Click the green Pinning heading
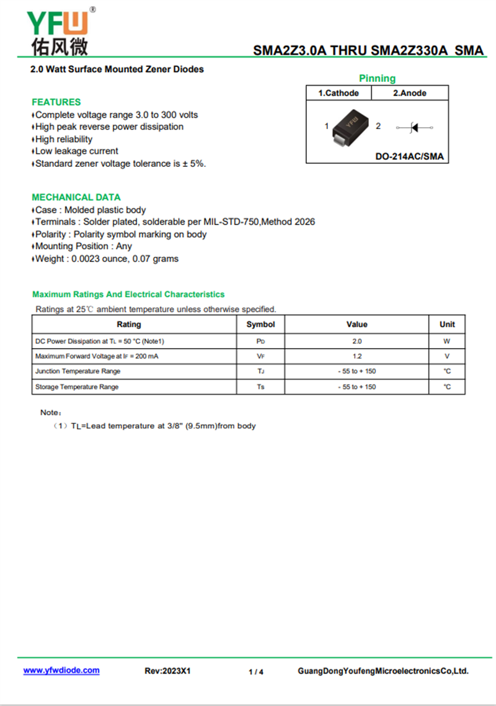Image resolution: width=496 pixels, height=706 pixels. pyautogui.click(x=377, y=78)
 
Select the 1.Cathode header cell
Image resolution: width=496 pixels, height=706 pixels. pyautogui.click(x=339, y=93)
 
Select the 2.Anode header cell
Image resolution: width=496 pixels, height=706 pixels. pyautogui.click(x=410, y=93)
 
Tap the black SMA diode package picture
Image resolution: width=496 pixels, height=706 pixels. pyautogui.click(x=351, y=126)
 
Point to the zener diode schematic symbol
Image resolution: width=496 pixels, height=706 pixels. pyautogui.click(x=414, y=127)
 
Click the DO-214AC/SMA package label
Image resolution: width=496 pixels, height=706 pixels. pyautogui.click(x=410, y=156)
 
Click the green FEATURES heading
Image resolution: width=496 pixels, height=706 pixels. pyautogui.click(x=56, y=102)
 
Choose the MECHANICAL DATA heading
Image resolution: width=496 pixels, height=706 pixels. pyautogui.click(x=76, y=197)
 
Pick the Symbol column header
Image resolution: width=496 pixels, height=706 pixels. pyautogui.click(x=260, y=324)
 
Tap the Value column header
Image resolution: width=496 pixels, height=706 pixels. pyautogui.click(x=356, y=324)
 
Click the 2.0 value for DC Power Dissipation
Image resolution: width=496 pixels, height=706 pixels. pyautogui.click(x=356, y=341)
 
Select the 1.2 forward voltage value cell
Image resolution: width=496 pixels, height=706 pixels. pyautogui.click(x=356, y=356)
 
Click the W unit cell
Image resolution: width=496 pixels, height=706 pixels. pyautogui.click(x=446, y=341)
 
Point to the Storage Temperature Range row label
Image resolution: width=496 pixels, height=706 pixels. pyautogui.click(x=77, y=387)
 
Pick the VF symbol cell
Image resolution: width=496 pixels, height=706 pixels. pyautogui.click(x=260, y=356)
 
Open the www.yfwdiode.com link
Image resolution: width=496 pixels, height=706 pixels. pyautogui.click(x=61, y=671)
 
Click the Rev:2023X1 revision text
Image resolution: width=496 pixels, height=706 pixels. pyautogui.click(x=167, y=671)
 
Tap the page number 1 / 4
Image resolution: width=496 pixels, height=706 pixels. pyautogui.click(x=256, y=672)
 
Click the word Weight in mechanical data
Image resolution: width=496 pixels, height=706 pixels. pyautogui.click(x=50, y=259)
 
